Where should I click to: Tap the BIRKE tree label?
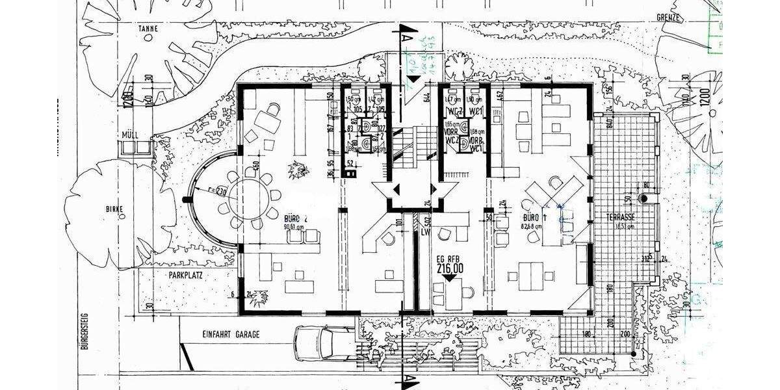tap(114, 209)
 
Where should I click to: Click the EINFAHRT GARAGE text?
tap(231, 334)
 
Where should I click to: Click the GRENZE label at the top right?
tap(668, 18)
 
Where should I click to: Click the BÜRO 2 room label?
tap(294, 219)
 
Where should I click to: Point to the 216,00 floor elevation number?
tap(449, 268)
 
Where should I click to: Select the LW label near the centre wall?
tap(426, 231)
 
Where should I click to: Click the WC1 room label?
tap(475, 110)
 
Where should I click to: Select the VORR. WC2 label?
tap(450, 135)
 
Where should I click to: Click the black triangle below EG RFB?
tap(448, 278)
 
